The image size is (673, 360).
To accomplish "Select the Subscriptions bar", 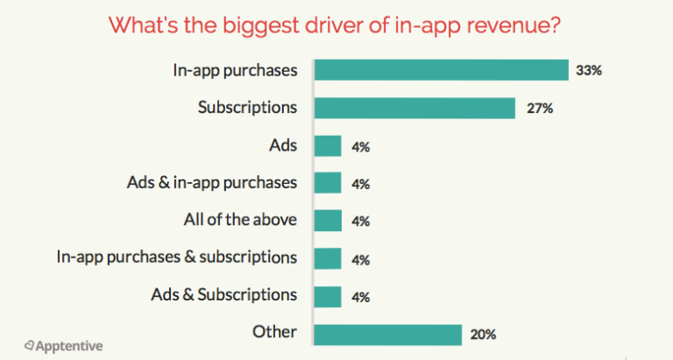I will click(414, 108).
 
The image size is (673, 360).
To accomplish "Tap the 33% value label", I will click(589, 70).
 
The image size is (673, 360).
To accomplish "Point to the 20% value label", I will click(482, 335).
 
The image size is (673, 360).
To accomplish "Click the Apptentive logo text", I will click(68, 346).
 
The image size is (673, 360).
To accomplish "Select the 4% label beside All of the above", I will click(359, 222).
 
